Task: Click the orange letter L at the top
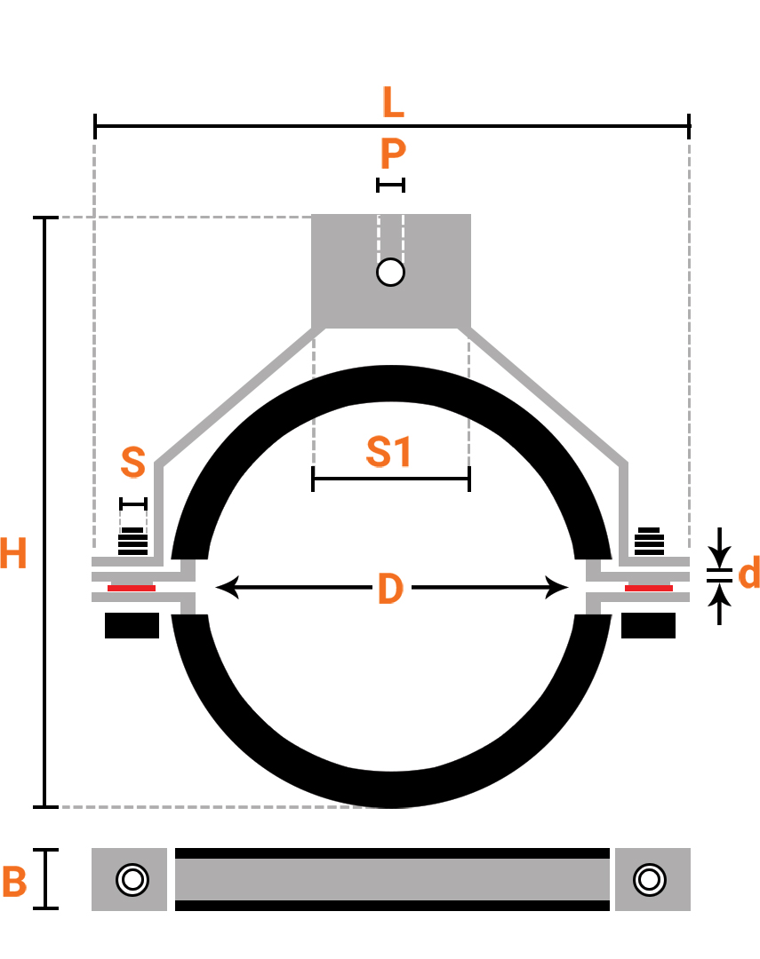click(x=393, y=102)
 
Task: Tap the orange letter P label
click(x=393, y=153)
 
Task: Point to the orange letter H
click(x=13, y=553)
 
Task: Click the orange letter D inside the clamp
click(x=391, y=589)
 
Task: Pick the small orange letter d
click(x=748, y=573)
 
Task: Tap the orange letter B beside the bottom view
click(x=15, y=882)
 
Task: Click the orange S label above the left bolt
click(x=133, y=462)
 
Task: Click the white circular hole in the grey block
click(x=391, y=273)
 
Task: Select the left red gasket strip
click(x=132, y=589)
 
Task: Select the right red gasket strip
click(x=649, y=589)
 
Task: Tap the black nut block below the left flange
click(x=132, y=625)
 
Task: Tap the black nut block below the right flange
click(x=649, y=625)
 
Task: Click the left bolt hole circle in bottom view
click(x=132, y=879)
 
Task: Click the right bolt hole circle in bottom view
click(x=650, y=879)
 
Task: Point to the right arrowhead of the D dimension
click(x=557, y=587)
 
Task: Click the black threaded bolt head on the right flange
click(x=649, y=542)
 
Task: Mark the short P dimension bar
click(x=391, y=185)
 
